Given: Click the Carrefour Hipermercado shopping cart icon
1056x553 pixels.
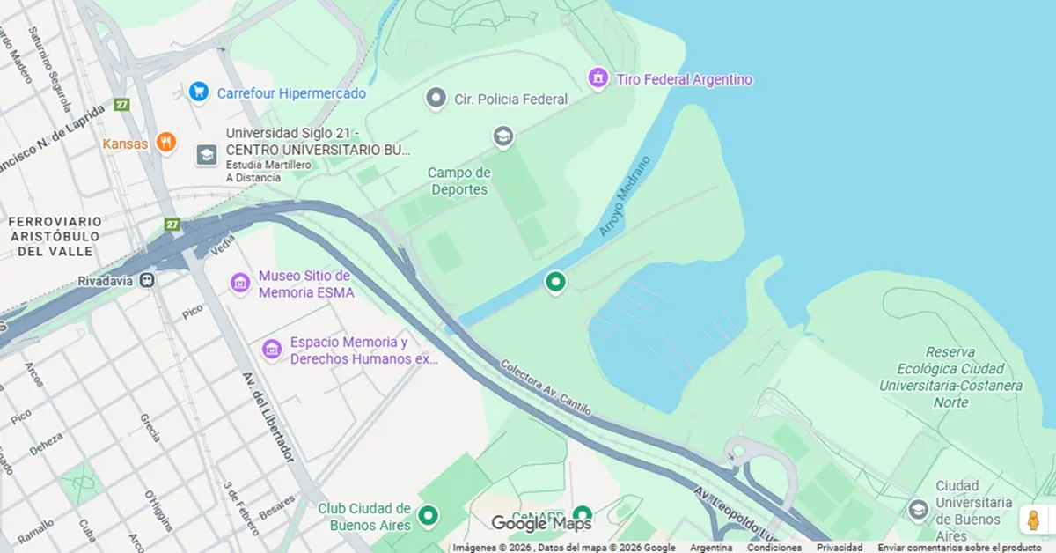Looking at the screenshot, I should (x=199, y=91).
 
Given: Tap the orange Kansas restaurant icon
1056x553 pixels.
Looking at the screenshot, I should (x=165, y=142).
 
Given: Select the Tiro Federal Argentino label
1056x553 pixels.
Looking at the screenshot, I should (x=685, y=79).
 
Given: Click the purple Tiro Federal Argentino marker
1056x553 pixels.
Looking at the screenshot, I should (x=598, y=78).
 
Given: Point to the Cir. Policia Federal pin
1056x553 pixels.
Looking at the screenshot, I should (x=436, y=98).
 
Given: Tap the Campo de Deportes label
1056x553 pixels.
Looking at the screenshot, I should (x=458, y=181).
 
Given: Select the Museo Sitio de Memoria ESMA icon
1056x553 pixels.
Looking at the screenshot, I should (x=240, y=283).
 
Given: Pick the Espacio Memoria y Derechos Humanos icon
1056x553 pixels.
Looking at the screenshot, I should (x=272, y=350).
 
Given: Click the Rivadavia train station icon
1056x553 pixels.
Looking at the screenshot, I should (x=148, y=280).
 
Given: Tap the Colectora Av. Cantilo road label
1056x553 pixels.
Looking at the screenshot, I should (x=546, y=387).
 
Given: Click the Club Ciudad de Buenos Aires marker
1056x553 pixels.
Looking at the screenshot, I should (x=428, y=515).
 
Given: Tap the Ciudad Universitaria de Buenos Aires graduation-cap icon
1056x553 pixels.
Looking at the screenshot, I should (x=919, y=510).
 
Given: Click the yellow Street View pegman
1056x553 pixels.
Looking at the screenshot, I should (x=1033, y=520).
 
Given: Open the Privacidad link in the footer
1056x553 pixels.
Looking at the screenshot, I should (x=840, y=548).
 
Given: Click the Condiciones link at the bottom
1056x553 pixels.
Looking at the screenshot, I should (x=774, y=548).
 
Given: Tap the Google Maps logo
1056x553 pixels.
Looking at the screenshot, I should (x=541, y=524).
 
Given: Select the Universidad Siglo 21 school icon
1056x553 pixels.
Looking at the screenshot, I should (x=206, y=155).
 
